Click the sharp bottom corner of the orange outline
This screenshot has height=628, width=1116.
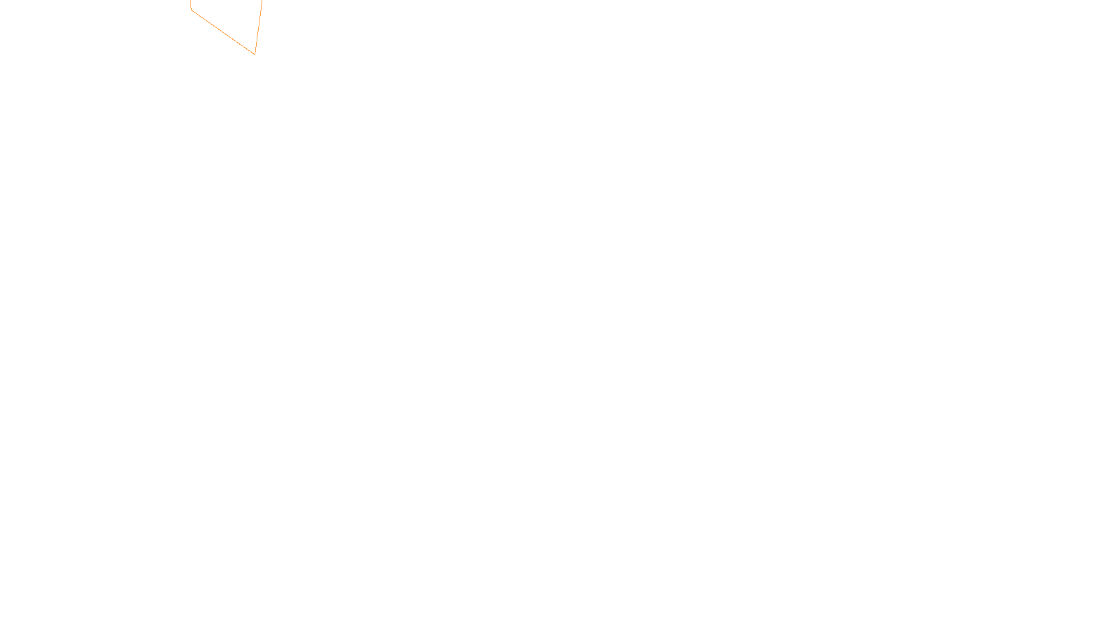255,54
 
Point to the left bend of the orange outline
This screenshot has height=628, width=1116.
191,10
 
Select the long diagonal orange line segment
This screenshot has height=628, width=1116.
223,32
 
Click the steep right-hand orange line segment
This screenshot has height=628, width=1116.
259,27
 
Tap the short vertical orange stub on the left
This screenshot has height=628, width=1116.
191,4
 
